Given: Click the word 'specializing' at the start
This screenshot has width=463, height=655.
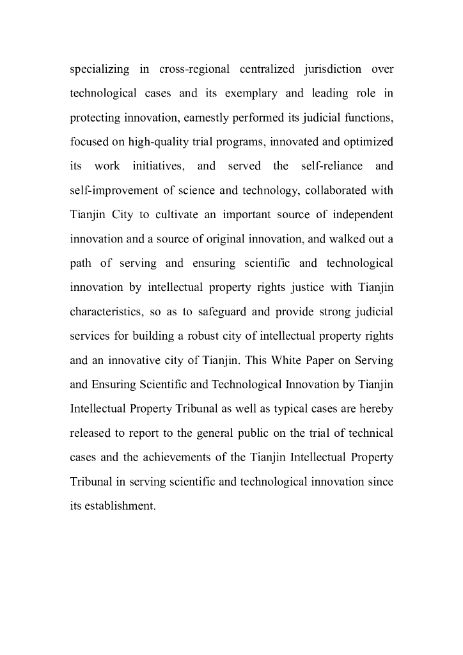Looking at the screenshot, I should [99, 69].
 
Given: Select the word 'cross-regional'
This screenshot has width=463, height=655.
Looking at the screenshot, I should [194, 69].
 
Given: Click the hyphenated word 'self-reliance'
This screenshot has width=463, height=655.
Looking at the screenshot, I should [331, 166].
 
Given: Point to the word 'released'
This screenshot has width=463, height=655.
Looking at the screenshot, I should [90, 434].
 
